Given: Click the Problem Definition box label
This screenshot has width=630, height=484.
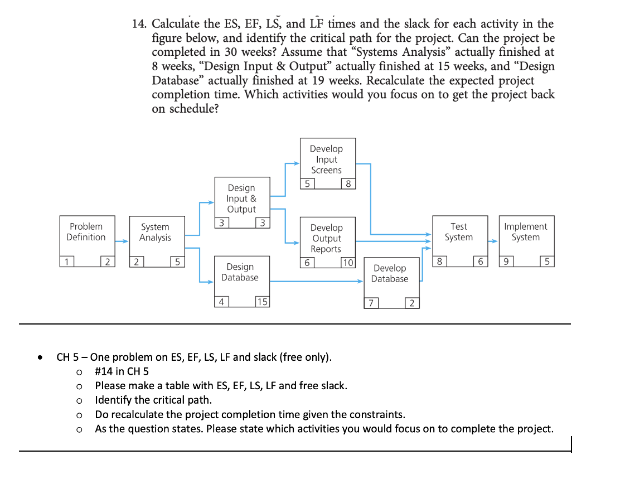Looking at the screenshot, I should click(86, 232).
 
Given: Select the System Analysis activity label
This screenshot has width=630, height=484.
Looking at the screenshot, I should click(155, 233).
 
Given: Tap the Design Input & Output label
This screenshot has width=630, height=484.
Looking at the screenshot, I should click(241, 199).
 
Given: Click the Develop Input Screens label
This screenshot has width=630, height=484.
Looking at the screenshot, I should click(326, 159).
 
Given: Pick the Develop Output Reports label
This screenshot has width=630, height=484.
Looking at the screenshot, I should click(326, 238).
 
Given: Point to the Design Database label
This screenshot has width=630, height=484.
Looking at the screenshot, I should click(240, 272).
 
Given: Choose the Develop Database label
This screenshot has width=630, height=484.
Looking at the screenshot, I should click(390, 274).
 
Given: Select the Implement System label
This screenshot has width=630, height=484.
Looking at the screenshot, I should click(525, 232).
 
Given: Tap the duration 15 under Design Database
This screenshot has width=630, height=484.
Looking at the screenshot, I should click(261, 302).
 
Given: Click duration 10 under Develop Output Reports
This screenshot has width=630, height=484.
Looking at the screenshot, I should click(347, 263).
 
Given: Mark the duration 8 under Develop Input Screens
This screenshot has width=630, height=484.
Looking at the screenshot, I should click(348, 184).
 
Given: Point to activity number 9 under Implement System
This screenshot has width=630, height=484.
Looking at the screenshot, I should click(506, 262).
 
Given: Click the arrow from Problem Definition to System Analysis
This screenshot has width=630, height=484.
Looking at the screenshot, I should click(122, 241).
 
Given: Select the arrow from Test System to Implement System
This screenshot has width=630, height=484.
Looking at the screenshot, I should click(493, 241).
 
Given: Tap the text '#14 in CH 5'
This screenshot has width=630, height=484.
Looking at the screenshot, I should click(122, 371).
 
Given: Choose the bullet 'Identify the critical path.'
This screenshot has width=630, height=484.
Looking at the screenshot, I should click(153, 400).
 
